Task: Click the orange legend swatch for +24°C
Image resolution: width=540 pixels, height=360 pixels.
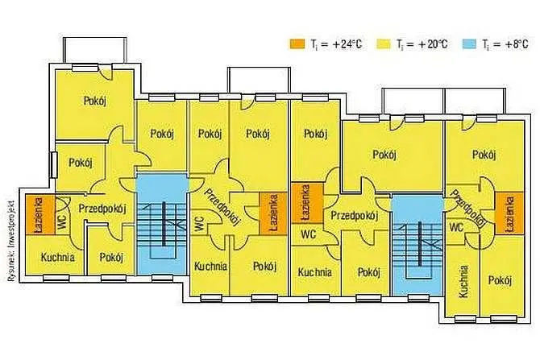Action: (x=297, y=44)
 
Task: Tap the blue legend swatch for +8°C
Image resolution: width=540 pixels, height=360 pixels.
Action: (x=467, y=44)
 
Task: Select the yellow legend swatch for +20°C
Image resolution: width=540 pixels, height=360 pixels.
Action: (x=383, y=44)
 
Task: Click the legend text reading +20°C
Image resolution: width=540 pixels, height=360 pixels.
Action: (x=422, y=44)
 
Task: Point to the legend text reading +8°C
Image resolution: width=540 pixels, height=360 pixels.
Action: (x=505, y=44)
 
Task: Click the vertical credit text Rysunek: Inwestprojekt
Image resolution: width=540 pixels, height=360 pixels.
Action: (x=10, y=241)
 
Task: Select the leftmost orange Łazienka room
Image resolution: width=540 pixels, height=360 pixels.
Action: (x=40, y=215)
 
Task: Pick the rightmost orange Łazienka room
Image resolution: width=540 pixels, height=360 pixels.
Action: (x=509, y=213)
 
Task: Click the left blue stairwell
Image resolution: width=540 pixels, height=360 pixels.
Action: (x=162, y=224)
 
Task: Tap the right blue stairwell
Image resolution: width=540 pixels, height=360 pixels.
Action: (x=417, y=245)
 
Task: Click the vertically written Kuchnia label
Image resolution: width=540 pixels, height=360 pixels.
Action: (x=463, y=281)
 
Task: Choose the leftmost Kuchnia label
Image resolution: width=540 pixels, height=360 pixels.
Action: (x=57, y=258)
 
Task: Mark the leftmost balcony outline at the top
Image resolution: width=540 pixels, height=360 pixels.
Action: (x=95, y=50)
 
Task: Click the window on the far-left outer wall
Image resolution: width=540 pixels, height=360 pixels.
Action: (x=53, y=165)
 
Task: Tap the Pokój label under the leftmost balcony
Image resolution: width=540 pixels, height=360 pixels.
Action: (x=95, y=101)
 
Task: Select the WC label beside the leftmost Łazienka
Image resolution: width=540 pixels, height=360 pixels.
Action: (x=62, y=222)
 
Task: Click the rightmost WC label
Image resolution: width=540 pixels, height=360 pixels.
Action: (x=456, y=227)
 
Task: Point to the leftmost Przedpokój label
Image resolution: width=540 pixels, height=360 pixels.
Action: (x=102, y=209)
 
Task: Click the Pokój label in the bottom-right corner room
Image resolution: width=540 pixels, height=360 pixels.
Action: (x=500, y=281)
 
